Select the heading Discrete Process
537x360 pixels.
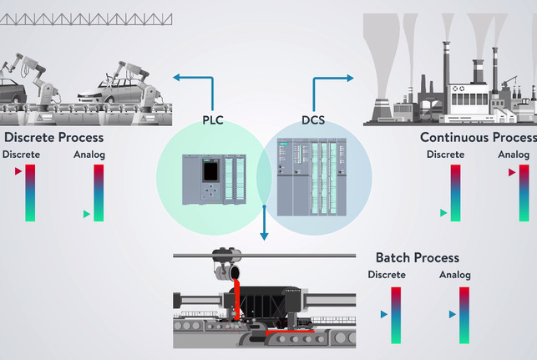click(x=53, y=137)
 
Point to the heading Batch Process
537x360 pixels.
click(x=417, y=257)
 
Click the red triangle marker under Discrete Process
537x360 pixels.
click(x=18, y=171)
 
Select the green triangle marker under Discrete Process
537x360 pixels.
click(x=86, y=215)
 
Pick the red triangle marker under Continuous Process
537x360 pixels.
click(x=512, y=173)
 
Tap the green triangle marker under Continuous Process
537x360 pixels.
click(x=443, y=213)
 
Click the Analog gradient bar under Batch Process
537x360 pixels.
click(x=464, y=315)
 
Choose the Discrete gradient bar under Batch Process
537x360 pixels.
click(x=396, y=315)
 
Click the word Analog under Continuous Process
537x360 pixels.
click(x=514, y=155)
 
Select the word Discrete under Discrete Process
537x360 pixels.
click(x=21, y=155)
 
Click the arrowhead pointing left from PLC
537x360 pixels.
click(x=177, y=79)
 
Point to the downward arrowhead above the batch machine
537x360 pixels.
click(x=264, y=236)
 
